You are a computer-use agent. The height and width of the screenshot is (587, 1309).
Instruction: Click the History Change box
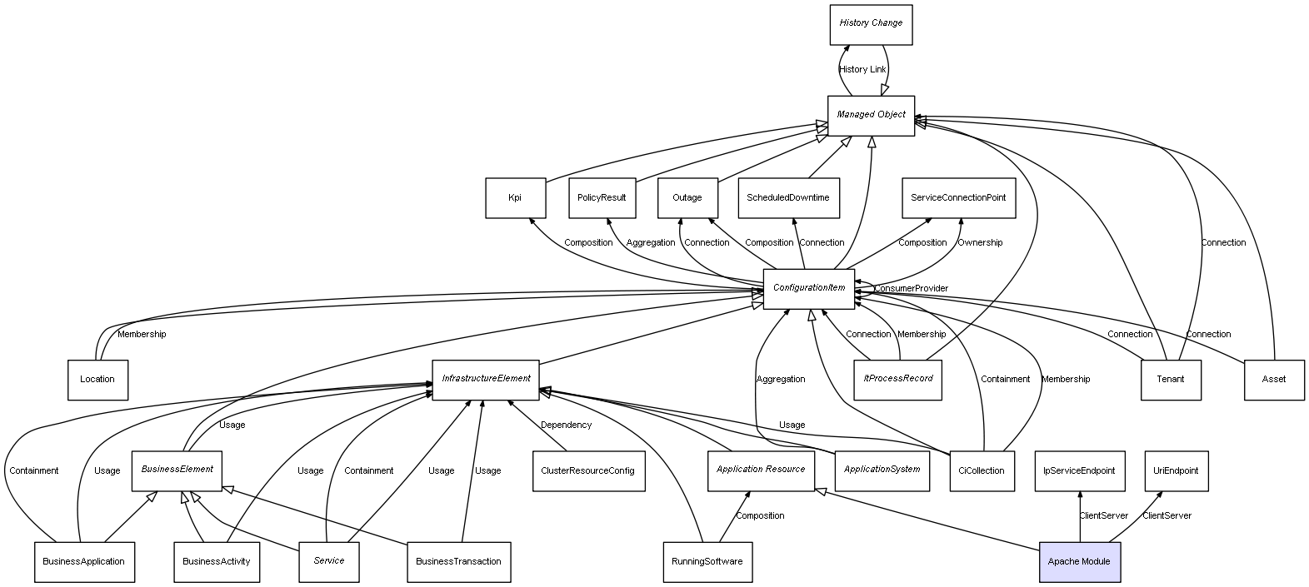[871, 24]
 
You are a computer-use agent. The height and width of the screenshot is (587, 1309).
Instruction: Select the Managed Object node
[871, 115]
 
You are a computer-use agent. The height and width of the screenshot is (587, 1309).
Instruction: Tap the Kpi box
[515, 198]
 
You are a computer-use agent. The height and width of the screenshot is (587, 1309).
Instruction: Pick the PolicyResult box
[602, 198]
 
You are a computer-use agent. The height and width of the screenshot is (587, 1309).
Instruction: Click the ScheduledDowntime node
[787, 198]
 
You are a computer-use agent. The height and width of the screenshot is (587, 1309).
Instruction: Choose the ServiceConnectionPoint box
[958, 198]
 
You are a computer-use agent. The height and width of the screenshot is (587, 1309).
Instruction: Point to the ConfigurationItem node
[808, 288]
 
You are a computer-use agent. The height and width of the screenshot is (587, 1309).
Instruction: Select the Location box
[97, 380]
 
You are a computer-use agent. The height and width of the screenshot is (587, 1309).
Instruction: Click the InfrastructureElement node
[486, 379]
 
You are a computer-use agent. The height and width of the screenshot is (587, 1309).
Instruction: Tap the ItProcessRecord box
[897, 379]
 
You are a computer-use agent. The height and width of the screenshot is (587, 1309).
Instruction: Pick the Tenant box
[1170, 380]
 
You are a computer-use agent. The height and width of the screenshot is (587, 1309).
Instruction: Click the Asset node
[1273, 380]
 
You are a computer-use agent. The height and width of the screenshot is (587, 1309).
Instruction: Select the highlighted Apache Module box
[1079, 562]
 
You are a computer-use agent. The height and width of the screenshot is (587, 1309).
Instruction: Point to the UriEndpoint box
[1176, 470]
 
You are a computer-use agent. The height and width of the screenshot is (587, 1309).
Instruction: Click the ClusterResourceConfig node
[588, 470]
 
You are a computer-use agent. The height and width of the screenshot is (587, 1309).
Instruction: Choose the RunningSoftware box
[707, 562]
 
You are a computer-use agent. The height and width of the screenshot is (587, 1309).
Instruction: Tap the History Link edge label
[862, 70]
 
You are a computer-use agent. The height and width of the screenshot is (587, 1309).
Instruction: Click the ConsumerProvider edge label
[911, 289]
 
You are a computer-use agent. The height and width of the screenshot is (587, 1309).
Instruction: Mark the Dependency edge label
[566, 425]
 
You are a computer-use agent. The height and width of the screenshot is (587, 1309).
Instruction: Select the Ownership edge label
[980, 243]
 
